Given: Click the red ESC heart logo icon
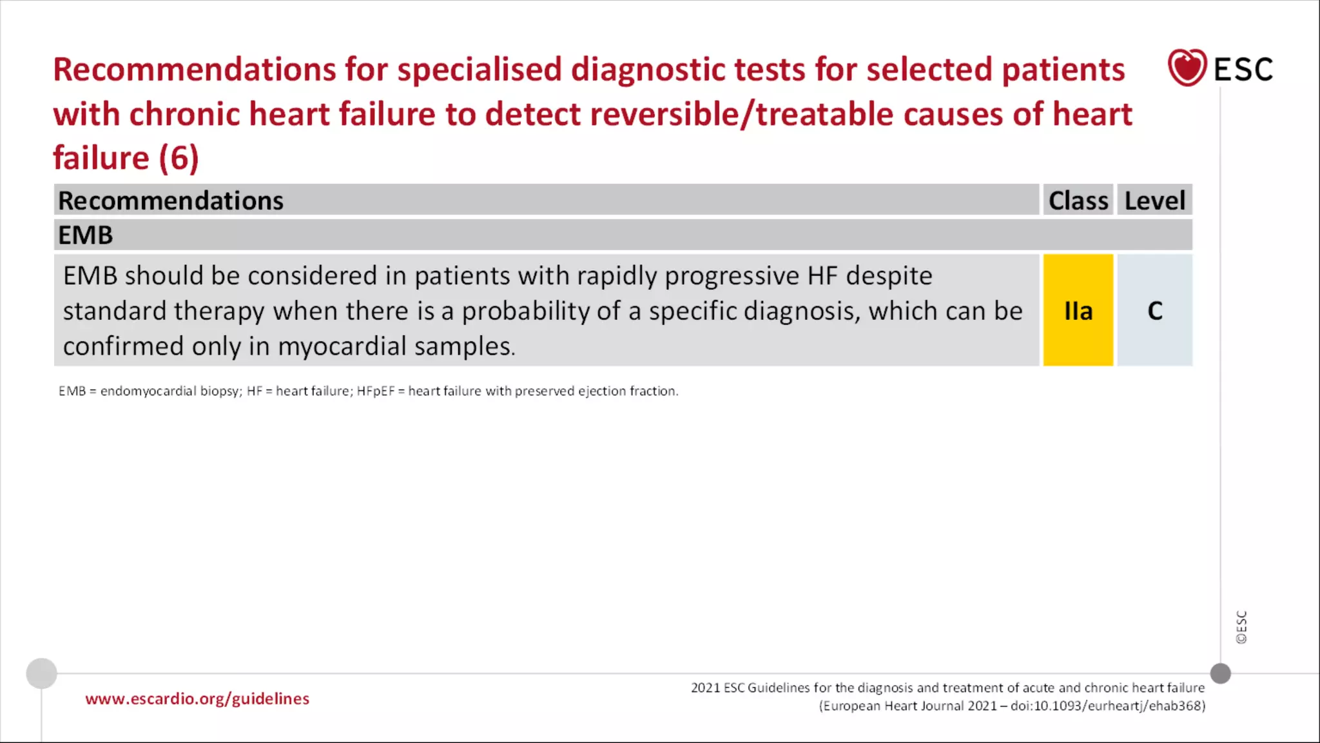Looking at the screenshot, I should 1187,68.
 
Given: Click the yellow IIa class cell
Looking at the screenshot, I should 1078,310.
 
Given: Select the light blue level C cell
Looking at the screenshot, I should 1154,310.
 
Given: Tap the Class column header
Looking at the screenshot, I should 1078,201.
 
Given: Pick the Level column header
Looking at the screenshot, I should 1154,201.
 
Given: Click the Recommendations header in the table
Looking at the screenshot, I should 171,201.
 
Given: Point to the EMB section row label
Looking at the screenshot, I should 86,235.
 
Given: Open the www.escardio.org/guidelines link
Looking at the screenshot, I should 197,699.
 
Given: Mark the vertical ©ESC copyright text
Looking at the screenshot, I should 1241,627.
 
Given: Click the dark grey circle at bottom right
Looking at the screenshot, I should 1220,673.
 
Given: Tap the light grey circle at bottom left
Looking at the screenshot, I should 42,673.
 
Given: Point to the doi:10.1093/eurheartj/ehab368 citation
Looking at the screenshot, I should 1107,706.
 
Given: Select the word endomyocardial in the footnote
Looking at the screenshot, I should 148,391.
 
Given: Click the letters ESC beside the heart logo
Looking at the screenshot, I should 1243,70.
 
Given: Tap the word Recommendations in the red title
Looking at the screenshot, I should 194,70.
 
